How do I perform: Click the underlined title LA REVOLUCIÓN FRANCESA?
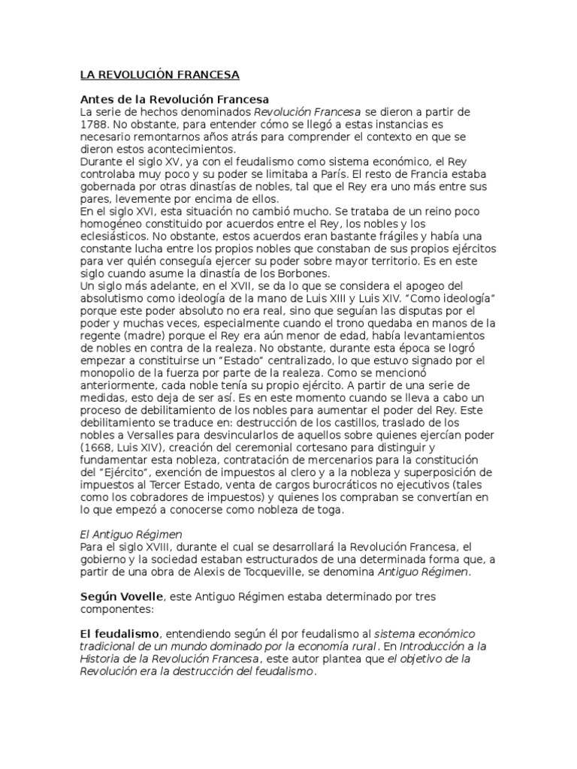159,75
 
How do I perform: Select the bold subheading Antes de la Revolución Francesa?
174,100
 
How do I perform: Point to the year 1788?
95,125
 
